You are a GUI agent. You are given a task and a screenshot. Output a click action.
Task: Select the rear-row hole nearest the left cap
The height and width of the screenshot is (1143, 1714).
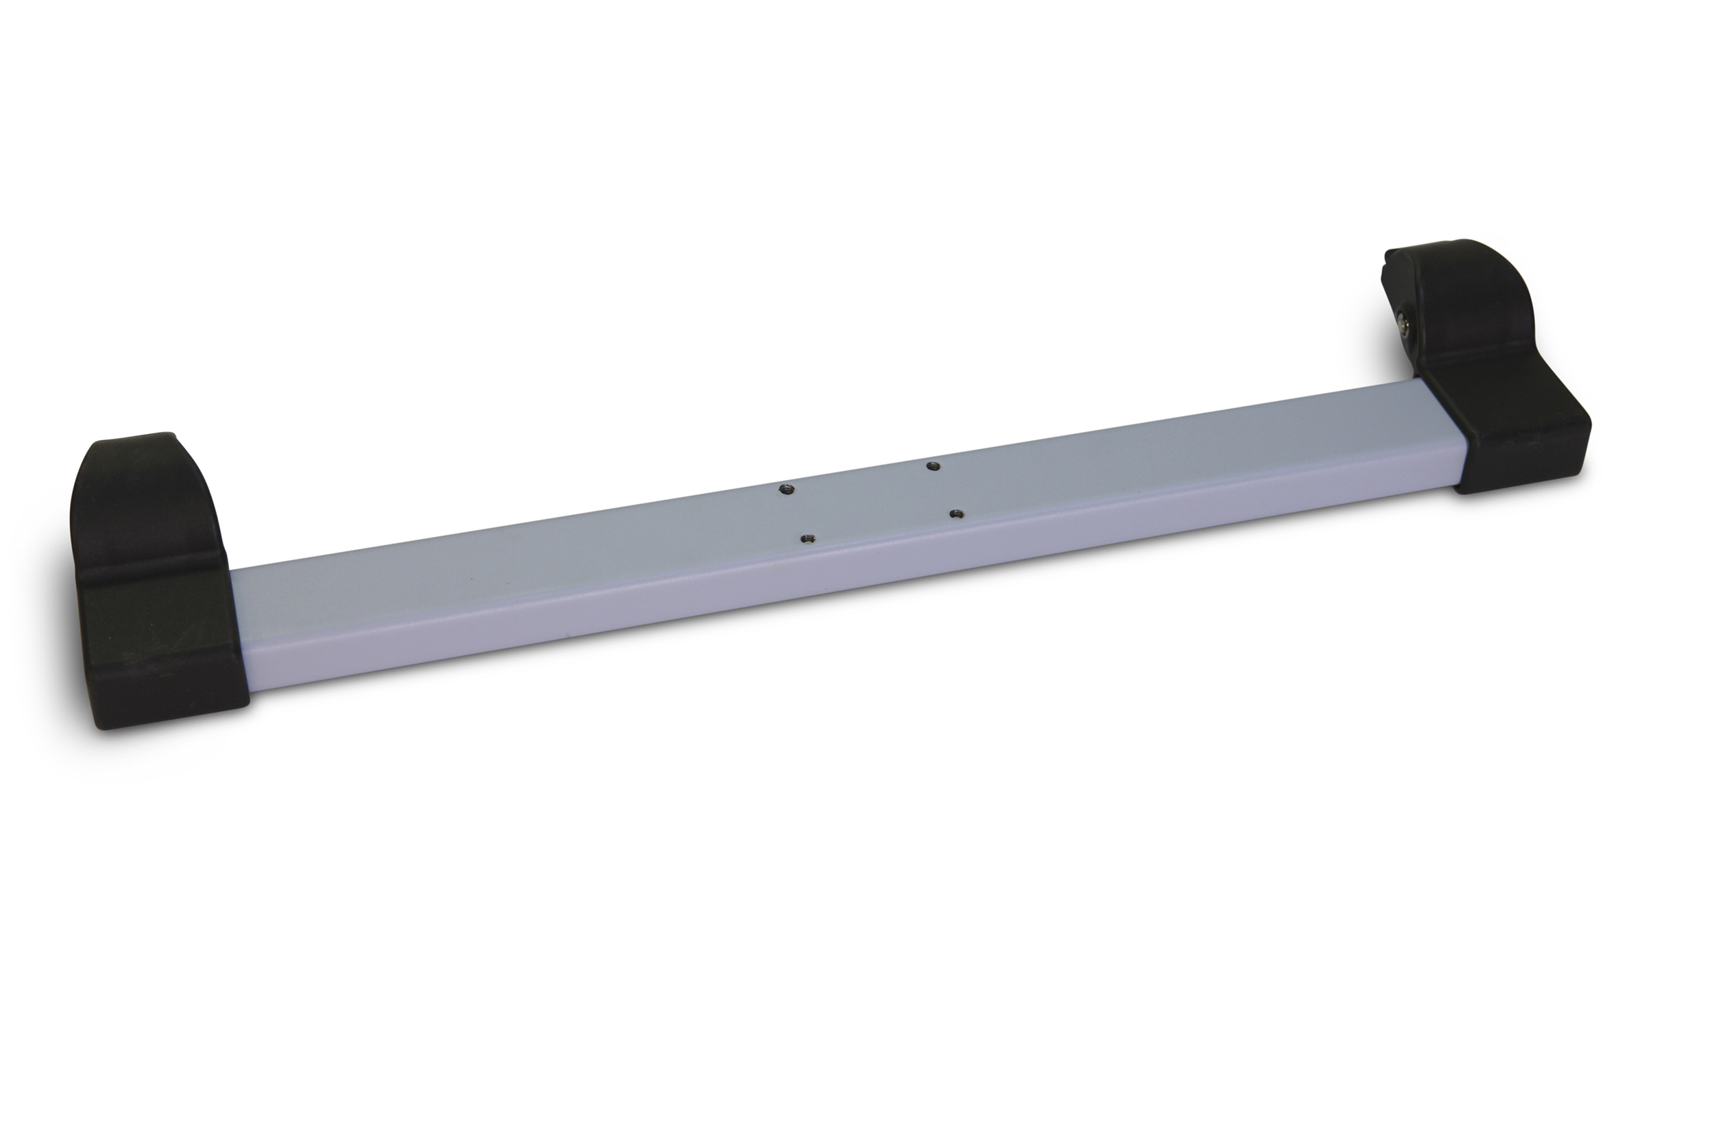click(784, 489)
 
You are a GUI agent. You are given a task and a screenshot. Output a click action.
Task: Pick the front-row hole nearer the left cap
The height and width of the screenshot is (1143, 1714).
click(806, 539)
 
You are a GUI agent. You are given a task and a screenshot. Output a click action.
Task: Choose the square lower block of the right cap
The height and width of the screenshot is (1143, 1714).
click(1516, 437)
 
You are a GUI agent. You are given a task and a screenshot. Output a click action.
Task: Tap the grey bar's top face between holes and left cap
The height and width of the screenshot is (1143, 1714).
click(510, 554)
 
